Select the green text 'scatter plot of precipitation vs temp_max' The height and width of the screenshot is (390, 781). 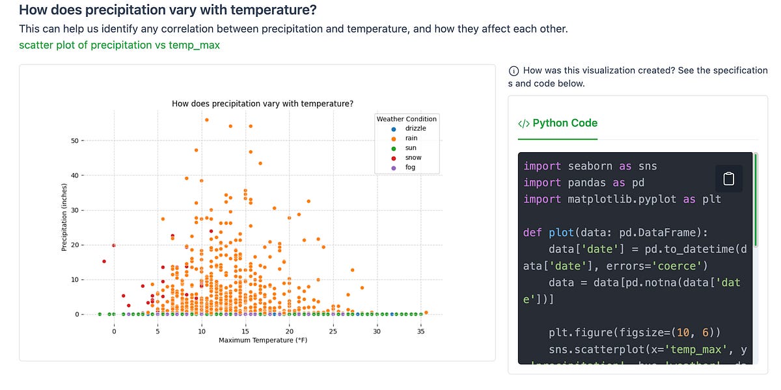coord(119,45)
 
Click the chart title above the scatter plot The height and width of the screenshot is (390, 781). coord(262,103)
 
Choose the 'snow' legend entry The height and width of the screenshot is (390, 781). coord(413,157)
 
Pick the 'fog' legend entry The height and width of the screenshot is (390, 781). coord(410,167)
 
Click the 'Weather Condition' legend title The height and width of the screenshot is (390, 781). coord(407,119)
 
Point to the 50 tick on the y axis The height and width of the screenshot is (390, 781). coord(75,140)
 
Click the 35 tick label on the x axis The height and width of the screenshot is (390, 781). coord(421,331)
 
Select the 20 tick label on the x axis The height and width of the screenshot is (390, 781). coord(290,331)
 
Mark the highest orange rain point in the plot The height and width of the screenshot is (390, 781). coord(207,120)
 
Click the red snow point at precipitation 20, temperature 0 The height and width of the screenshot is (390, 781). coord(114,245)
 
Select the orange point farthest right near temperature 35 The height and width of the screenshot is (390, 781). coord(426,312)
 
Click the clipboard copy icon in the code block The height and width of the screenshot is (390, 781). coord(729,177)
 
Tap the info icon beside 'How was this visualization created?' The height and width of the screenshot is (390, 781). coord(514,71)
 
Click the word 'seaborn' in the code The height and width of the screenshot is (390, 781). coord(589,166)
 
